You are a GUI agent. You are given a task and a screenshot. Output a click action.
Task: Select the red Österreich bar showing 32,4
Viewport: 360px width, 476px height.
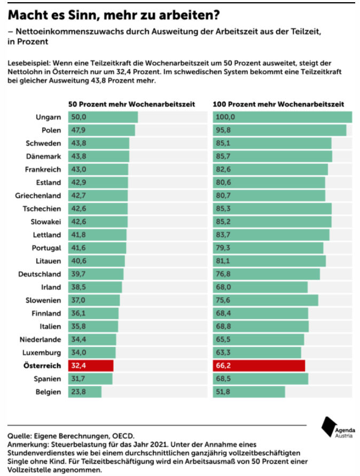pos(91,366)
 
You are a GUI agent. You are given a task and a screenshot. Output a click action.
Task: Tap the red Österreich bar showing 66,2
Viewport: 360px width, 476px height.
pos(259,366)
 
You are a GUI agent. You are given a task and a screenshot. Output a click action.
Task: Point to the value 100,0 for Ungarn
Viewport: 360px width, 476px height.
pos(225,117)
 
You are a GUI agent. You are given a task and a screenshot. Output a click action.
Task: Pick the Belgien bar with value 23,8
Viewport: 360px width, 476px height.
pos(84,392)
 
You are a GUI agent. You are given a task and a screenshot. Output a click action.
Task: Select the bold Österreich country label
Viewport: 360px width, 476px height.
pos(42,366)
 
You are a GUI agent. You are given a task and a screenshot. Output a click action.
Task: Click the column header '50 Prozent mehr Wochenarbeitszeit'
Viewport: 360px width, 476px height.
pos(131,104)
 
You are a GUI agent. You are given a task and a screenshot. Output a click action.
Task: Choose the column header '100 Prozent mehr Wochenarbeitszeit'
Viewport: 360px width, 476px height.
pos(278,104)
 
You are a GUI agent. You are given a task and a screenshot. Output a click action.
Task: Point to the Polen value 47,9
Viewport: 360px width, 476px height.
pos(79,130)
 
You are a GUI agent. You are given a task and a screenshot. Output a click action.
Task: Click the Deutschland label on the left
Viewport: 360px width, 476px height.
pos(40,274)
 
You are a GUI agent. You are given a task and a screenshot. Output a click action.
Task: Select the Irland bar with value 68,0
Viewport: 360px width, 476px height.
pos(260,287)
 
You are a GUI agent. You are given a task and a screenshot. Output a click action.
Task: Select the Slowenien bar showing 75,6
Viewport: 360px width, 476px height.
pos(265,300)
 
